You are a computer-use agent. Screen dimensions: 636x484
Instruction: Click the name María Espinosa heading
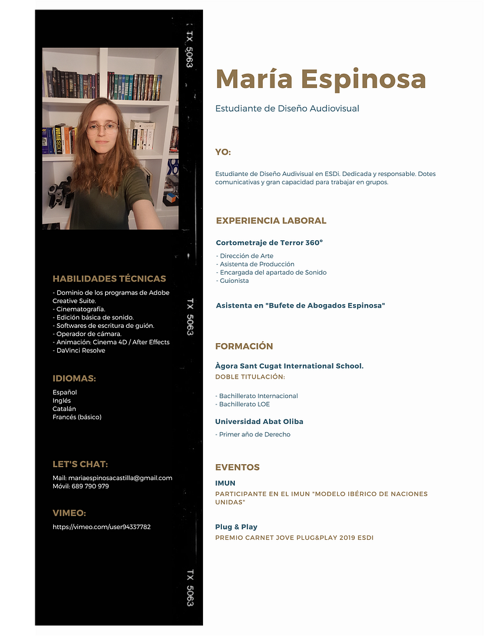pos(320,79)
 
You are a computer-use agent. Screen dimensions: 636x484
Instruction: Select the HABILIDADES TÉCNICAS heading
pos(109,279)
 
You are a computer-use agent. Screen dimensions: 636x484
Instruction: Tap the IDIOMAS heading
pos(74,379)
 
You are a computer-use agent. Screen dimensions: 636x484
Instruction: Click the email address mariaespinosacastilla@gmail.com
pos(120,478)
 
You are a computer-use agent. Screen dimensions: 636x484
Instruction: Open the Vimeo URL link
pos(102,526)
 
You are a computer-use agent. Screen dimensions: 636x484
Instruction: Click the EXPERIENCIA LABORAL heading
pos(271,221)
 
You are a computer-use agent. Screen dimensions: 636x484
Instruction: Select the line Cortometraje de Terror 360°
pos(269,243)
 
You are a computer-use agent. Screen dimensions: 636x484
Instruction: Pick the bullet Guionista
pos(234,281)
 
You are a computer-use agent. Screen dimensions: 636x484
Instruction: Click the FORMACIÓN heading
pos(244,346)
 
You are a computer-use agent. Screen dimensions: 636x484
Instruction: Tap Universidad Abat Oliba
pos(259,422)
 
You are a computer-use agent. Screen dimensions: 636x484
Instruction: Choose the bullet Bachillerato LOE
pos(244,404)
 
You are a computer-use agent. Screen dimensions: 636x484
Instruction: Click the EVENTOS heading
pos(237,467)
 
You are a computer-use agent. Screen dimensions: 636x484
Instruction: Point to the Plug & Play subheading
pos(236,527)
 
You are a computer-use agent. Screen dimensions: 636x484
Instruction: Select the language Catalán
pos(64,409)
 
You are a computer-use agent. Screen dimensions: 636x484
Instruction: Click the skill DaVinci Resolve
pos(80,350)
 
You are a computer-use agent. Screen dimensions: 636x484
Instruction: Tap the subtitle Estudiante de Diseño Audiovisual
pos(287,109)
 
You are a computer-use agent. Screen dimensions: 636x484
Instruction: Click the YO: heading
pos(223,152)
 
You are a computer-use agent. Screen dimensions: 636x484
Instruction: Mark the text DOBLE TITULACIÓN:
pos(250,377)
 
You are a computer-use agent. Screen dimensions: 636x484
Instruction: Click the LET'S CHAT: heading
pos(80,464)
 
